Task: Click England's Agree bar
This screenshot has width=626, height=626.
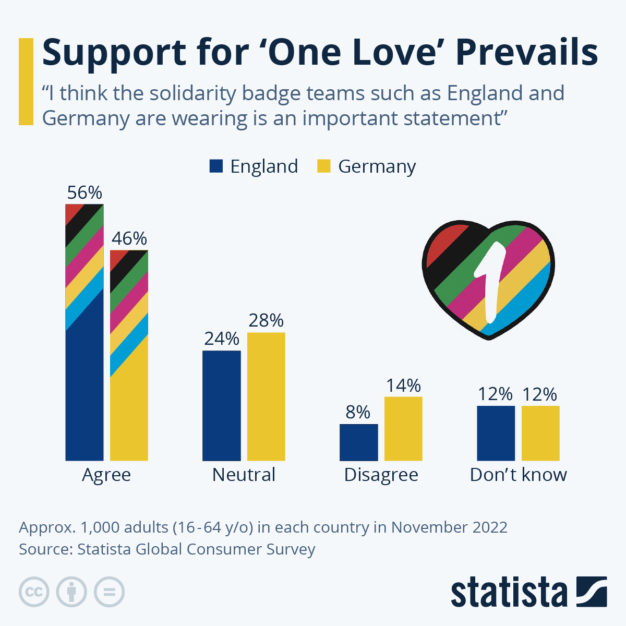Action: (84, 365)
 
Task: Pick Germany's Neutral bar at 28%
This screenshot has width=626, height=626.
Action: (266, 396)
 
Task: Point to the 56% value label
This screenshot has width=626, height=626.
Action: (85, 193)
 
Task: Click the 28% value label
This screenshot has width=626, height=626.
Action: (266, 320)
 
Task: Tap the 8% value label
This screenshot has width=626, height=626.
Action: (358, 412)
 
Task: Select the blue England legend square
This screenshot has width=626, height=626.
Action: (216, 166)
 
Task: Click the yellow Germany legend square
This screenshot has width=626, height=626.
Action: (324, 166)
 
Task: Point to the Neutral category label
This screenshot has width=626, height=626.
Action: (244, 475)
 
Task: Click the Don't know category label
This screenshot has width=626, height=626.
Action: (518, 475)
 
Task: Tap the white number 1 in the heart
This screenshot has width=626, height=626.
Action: (490, 282)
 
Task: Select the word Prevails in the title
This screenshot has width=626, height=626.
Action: (527, 52)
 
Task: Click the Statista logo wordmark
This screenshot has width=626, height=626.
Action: (509, 593)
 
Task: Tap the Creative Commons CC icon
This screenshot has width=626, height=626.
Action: (34, 592)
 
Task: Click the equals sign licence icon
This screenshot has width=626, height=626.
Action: (110, 592)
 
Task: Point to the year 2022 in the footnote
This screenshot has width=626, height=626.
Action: (490, 527)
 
